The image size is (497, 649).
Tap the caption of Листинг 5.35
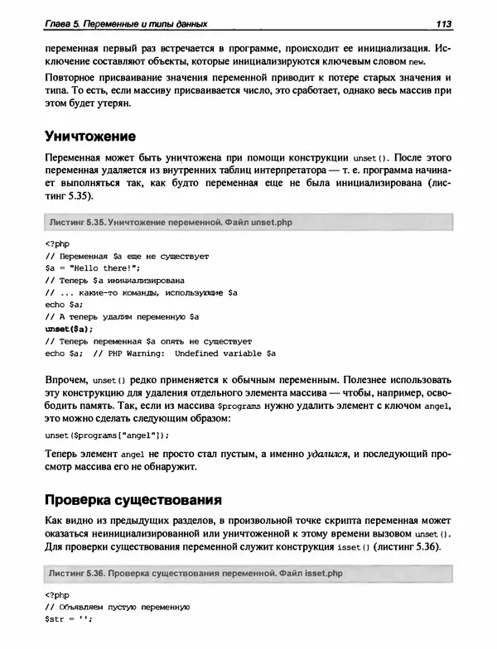171,223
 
